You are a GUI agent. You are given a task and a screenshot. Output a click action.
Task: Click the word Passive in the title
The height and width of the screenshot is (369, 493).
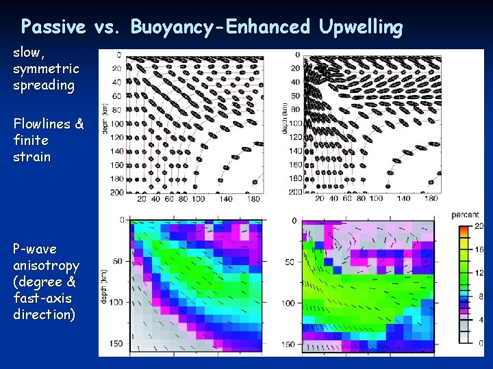click(53, 27)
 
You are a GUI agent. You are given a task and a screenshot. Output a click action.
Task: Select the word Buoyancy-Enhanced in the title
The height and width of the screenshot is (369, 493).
click(220, 27)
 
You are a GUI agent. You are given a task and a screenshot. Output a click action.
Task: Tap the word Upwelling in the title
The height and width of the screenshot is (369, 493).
click(360, 27)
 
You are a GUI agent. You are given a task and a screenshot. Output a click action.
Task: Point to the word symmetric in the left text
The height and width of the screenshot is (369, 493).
click(46, 69)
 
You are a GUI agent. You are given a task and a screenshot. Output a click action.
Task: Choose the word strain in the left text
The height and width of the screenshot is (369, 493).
click(31, 156)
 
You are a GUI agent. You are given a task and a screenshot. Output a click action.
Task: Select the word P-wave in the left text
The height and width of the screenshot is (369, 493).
click(34, 249)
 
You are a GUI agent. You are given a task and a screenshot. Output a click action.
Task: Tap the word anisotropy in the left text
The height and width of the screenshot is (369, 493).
click(46, 265)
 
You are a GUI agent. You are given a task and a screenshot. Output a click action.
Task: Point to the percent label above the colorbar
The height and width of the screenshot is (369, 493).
click(465, 215)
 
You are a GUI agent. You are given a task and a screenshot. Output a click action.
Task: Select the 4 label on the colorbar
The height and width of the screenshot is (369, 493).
click(480, 320)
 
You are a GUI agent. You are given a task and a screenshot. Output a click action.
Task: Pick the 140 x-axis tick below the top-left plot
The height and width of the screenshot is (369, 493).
click(226, 199)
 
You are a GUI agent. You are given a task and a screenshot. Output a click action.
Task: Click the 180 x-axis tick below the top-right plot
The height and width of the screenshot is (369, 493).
click(431, 199)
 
